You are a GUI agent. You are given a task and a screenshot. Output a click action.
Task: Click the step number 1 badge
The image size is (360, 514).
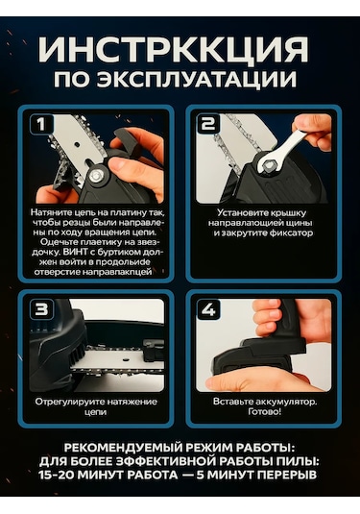tap(41, 124)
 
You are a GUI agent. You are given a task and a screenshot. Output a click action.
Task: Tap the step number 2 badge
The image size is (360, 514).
tap(208, 124)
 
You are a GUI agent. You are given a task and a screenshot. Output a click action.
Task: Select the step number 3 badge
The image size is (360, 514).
tap(41, 309)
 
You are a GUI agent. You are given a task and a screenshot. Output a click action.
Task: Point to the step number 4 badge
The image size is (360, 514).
tap(208, 309)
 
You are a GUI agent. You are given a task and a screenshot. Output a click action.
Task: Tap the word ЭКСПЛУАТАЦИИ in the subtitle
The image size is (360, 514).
tap(197, 79)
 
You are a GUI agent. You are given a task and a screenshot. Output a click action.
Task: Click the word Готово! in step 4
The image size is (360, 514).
tap(265, 412)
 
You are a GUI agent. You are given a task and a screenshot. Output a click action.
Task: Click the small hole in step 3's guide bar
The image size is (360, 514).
tap(125, 359)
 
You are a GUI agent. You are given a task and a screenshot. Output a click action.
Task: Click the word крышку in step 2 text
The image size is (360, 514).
tap(289, 213)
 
